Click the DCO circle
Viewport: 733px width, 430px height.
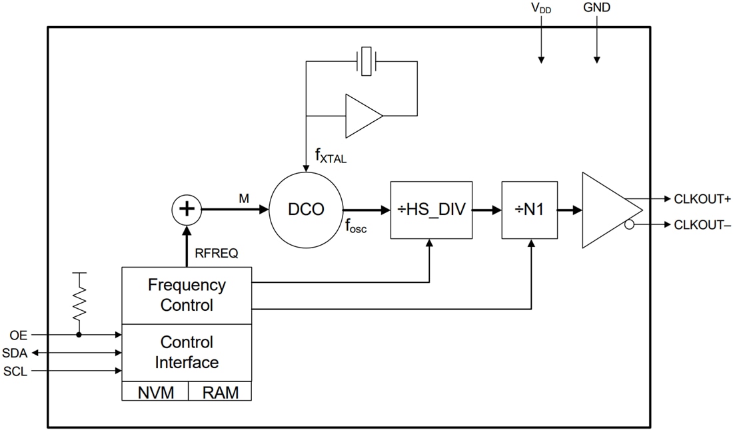pos(306,210)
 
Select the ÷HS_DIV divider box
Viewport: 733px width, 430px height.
pos(431,210)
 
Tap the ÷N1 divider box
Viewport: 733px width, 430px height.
pos(530,210)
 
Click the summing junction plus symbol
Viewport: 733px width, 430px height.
pos(187,210)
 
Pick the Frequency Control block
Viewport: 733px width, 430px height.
pos(187,296)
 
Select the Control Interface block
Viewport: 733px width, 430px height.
pos(187,352)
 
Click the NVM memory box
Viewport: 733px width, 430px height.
pos(155,391)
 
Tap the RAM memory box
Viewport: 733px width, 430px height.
pos(220,391)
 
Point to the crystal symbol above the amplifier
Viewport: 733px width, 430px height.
pos(366,61)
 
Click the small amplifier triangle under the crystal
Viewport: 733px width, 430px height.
pos(361,116)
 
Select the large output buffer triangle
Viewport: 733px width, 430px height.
pos(608,210)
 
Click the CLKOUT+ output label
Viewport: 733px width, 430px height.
pos(702,199)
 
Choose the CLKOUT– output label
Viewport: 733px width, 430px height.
pos(702,225)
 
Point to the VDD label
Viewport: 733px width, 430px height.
pos(540,9)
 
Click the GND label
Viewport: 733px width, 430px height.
pos(596,8)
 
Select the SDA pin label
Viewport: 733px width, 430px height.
pos(15,353)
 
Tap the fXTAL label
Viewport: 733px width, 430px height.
pos(331,156)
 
